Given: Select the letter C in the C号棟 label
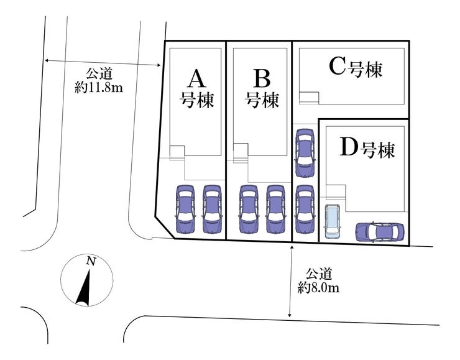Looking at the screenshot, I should [336, 67].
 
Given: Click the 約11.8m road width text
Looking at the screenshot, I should [98, 88].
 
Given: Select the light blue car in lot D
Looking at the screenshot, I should [332, 221].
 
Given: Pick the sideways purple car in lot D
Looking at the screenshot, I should [379, 232].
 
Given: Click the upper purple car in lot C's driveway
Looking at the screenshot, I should [305, 148].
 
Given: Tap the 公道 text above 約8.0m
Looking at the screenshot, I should [318, 274].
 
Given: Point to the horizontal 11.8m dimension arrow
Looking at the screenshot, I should [103, 63].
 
